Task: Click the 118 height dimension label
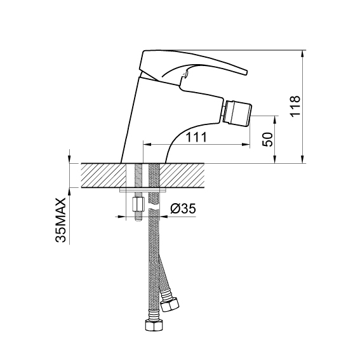(x=295, y=106)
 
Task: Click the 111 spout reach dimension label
(x=196, y=137)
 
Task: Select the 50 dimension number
(x=267, y=139)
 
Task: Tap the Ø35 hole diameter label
(x=183, y=209)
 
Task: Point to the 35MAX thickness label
(x=60, y=220)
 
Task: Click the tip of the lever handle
(x=246, y=72)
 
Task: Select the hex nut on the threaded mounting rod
(x=138, y=205)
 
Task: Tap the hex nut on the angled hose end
(x=170, y=304)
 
